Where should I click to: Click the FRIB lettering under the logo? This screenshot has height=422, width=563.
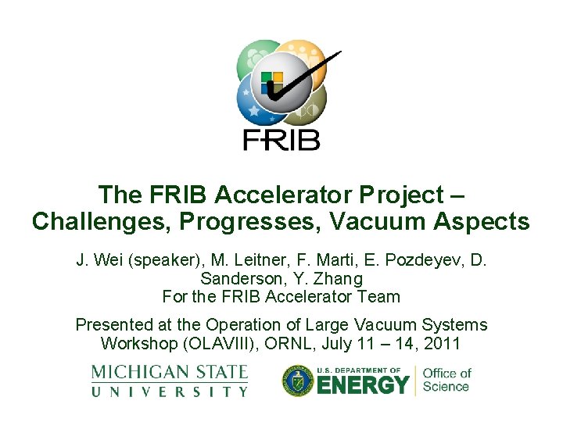click(281, 139)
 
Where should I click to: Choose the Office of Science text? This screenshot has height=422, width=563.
click(446, 380)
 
